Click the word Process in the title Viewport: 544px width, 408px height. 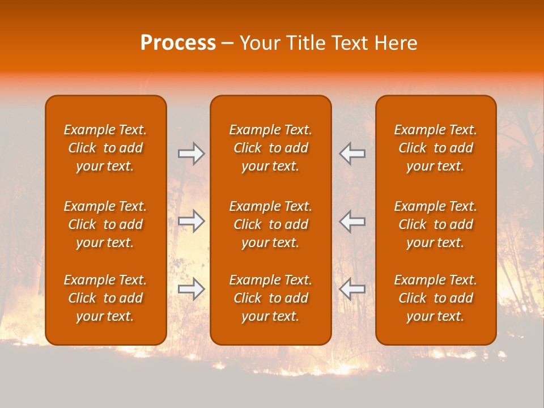pos(178,43)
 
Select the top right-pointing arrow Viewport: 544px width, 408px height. pos(192,153)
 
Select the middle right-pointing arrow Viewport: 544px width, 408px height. pos(192,221)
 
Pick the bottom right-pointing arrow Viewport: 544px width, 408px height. pos(192,289)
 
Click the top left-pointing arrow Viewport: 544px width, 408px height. pos(352,153)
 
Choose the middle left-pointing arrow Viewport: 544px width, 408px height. pos(352,221)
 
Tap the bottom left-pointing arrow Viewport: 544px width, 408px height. pos(352,289)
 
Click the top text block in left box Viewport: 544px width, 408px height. pos(105,148)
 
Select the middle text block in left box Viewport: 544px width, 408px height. pos(105,224)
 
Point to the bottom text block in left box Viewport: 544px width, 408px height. pos(105,298)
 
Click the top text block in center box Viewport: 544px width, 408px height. pos(271,148)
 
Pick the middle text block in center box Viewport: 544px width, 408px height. pos(271,224)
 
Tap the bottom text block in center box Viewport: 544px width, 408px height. pos(271,298)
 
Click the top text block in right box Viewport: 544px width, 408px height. pos(436,148)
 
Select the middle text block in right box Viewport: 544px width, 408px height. pos(436,224)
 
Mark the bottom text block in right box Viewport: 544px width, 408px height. pos(436,298)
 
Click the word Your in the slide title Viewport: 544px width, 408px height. pos(258,43)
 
